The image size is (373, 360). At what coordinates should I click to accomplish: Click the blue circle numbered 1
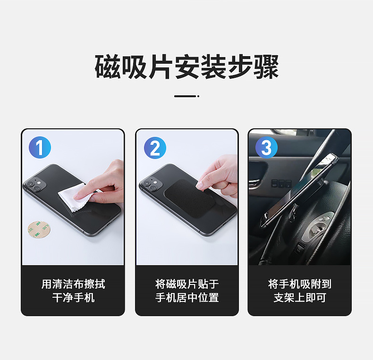40,147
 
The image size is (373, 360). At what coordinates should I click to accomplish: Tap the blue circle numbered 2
155,148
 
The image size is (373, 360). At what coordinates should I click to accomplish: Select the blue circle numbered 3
266,147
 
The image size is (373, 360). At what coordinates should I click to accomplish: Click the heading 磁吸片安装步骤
186,67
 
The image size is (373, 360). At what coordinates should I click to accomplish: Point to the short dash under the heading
187,96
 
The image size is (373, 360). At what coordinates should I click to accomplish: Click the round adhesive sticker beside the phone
39,229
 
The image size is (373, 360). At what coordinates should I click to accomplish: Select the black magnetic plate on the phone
190,198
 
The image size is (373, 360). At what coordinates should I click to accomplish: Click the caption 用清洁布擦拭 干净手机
73,291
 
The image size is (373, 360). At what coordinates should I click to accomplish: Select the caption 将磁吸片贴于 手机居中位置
187,291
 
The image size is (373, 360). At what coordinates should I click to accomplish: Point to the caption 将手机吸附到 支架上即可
300,291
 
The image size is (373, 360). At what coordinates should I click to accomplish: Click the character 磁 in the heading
108,67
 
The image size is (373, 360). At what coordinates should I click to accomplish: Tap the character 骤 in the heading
266,67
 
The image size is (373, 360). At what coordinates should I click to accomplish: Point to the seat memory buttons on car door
281,184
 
